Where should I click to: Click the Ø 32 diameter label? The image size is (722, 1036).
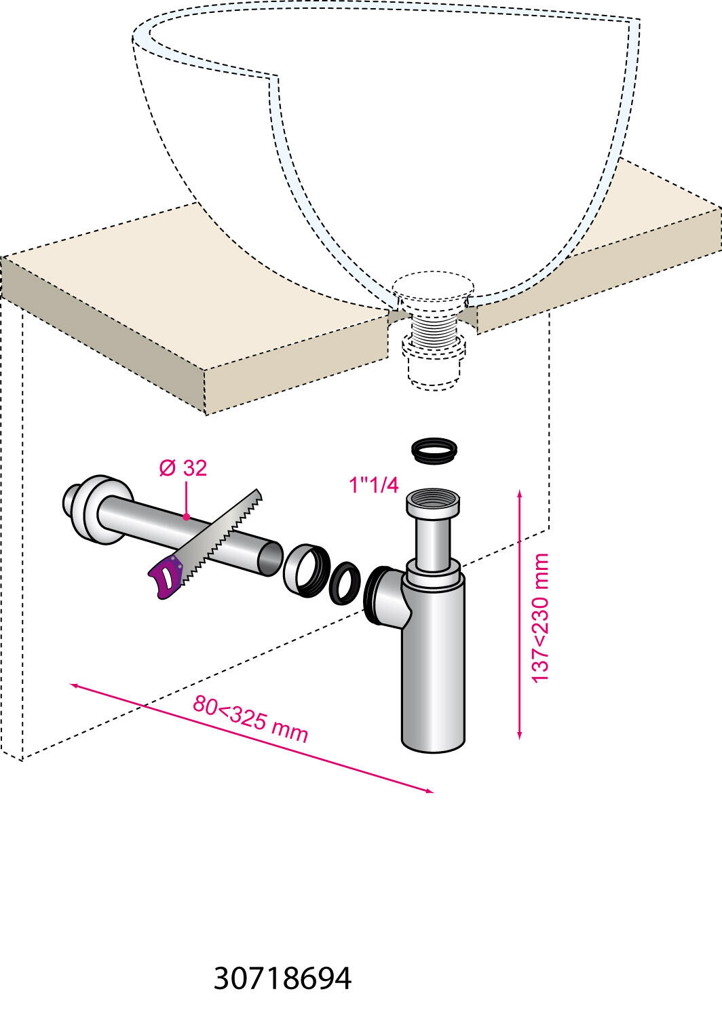[183, 468]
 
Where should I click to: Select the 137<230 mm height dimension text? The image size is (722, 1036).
[540, 618]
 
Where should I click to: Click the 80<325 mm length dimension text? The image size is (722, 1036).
[250, 718]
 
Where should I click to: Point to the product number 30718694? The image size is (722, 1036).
[282, 978]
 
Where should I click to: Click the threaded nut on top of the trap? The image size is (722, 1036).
[434, 503]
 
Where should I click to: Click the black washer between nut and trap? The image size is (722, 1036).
[345, 583]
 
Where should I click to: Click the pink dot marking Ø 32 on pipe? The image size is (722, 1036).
[186, 517]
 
